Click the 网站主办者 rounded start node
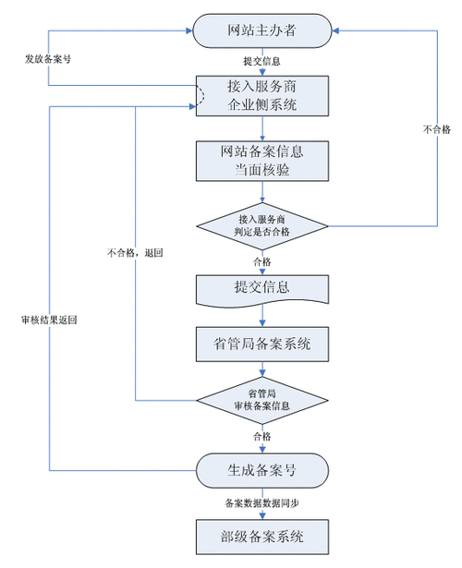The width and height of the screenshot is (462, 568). point(263,32)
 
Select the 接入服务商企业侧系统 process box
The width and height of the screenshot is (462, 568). point(263,96)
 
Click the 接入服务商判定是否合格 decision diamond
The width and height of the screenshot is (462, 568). point(263,225)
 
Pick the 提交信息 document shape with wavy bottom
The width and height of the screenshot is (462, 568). point(263,288)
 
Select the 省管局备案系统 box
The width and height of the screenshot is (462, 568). point(263,344)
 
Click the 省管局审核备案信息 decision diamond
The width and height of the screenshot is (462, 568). point(263,400)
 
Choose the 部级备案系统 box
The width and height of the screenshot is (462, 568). point(263,535)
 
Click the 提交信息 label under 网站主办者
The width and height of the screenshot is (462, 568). point(262,62)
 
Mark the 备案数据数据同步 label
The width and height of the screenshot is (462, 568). point(262,502)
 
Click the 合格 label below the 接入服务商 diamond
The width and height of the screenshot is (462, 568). point(262,261)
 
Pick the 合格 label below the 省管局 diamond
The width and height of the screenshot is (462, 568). point(262,435)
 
